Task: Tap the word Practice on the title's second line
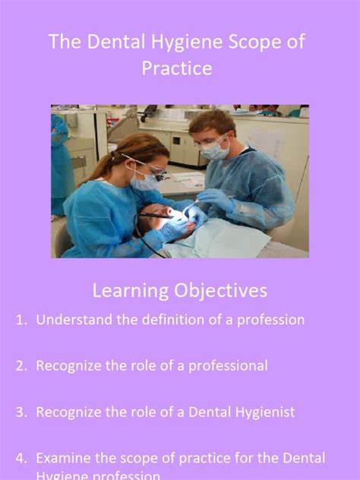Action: pos(176,68)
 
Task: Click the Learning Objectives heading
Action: pos(179,290)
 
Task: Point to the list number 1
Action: pos(21,320)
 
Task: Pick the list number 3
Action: pos(21,412)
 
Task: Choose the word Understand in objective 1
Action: pos(74,320)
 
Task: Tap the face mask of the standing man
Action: pos(215,150)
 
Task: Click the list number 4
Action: pos(21,458)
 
